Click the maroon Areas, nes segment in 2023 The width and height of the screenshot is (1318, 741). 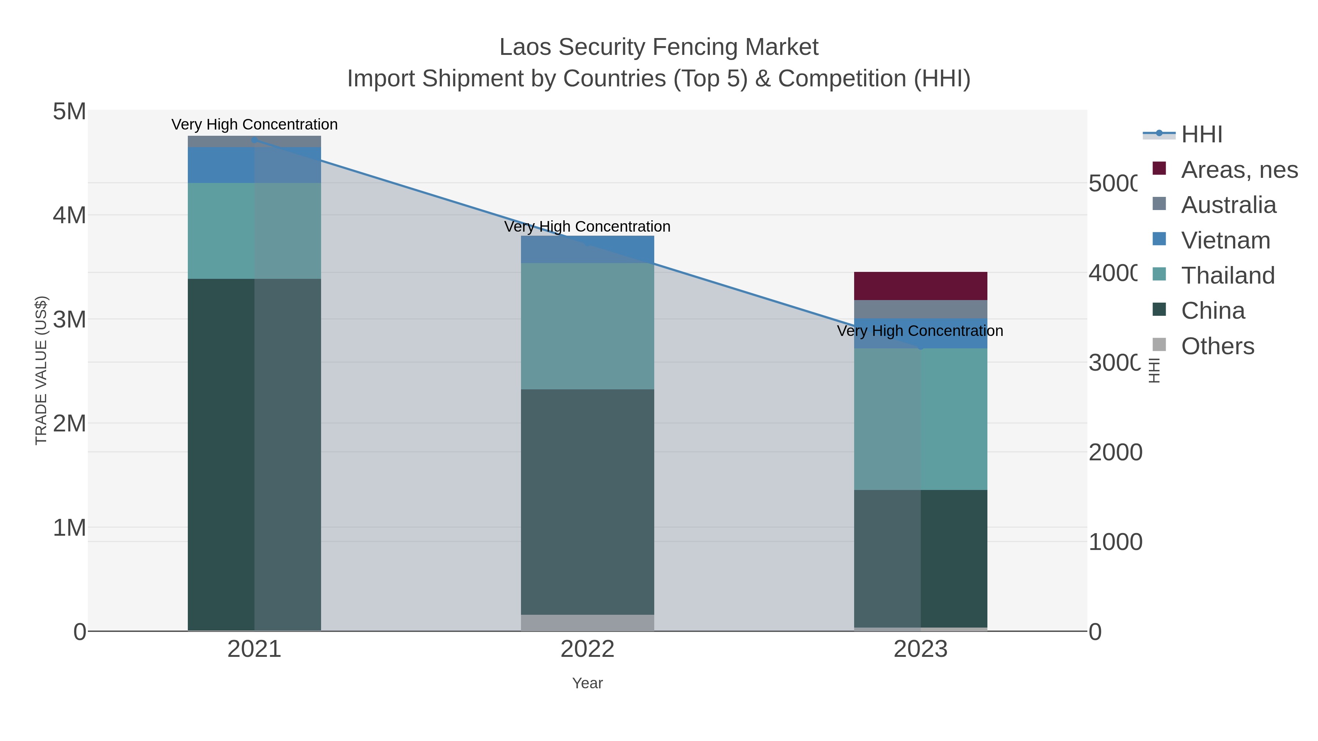click(x=920, y=286)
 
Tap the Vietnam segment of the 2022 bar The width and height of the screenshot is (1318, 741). click(x=587, y=250)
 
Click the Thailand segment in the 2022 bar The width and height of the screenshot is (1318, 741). click(x=587, y=326)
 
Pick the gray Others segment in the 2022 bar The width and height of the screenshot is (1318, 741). click(x=587, y=622)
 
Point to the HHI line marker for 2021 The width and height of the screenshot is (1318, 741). click(x=254, y=140)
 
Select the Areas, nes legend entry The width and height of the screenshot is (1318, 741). click(x=1239, y=170)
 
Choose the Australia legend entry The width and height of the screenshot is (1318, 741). click(x=1228, y=205)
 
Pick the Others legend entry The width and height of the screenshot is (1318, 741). click(x=1217, y=346)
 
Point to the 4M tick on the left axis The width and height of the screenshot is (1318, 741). click(x=70, y=215)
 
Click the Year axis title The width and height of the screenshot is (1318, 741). click(x=587, y=683)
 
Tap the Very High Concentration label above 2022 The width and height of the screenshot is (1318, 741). click(x=587, y=227)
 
